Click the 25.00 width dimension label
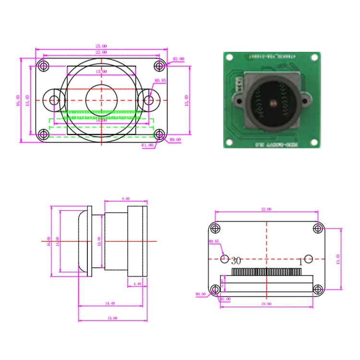(101, 46)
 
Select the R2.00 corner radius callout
(178, 59)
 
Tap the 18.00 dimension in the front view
(101, 120)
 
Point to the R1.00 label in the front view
(147, 144)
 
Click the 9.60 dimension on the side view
(126, 198)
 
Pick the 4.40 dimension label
(136, 283)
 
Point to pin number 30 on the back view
(236, 262)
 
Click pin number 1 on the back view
(300, 262)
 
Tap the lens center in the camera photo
(273, 102)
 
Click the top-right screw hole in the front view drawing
(158, 65)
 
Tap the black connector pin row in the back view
(266, 272)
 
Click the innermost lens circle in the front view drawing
(101, 100)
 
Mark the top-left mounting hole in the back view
(216, 228)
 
